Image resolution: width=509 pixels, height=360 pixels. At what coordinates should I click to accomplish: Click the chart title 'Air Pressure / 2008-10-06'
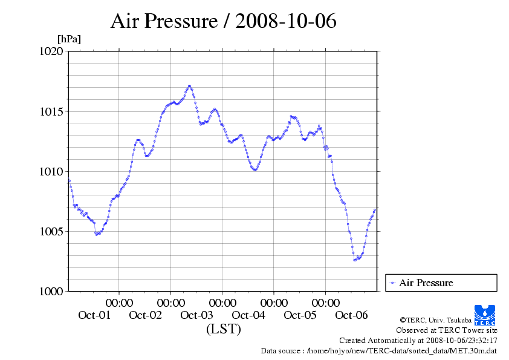point(223,21)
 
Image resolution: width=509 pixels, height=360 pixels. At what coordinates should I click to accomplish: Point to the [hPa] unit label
point(69,39)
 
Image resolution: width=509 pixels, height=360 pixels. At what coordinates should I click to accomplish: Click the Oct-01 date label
point(94,315)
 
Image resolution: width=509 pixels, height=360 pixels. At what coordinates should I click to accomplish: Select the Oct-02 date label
point(146,315)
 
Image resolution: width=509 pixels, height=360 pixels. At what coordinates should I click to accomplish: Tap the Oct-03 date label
point(197,315)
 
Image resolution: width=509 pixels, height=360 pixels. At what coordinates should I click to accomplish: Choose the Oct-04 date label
point(248,315)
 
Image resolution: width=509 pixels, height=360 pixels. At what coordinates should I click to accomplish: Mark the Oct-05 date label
point(300,315)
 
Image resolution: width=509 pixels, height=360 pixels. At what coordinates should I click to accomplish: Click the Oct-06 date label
point(351,315)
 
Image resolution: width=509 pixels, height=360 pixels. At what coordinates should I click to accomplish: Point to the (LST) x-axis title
point(223,329)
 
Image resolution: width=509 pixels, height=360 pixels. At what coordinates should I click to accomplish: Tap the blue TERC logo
point(485,315)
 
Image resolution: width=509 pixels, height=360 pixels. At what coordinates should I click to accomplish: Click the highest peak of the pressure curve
point(189,86)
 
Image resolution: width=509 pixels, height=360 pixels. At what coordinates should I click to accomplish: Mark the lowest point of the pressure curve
point(355,260)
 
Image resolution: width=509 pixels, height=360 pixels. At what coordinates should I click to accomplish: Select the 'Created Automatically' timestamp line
point(418,340)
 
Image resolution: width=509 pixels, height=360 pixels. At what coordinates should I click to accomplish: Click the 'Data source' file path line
point(379,350)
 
